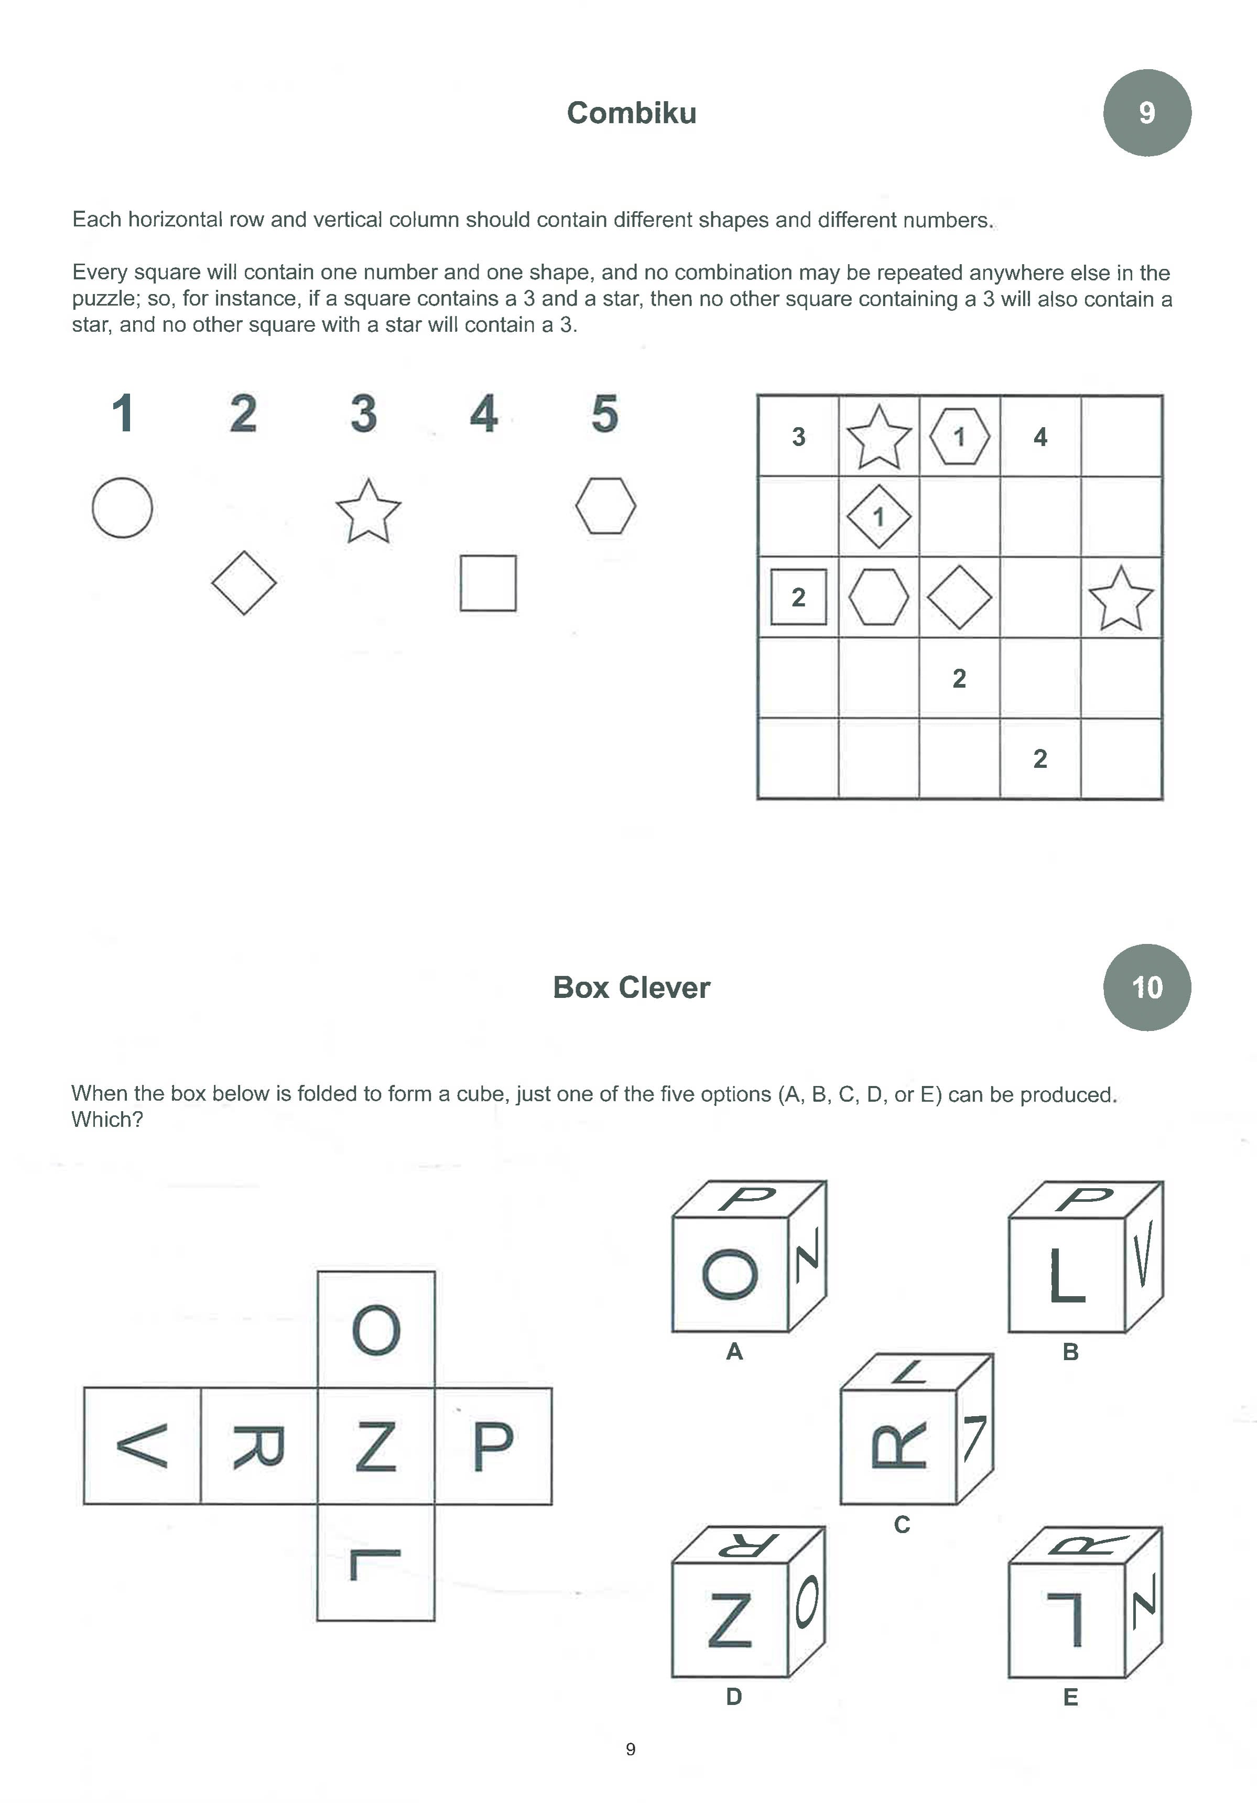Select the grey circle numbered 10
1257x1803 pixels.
(x=1146, y=987)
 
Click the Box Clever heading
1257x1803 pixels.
(x=631, y=987)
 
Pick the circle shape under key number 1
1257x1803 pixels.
(x=123, y=507)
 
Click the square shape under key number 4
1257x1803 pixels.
(x=487, y=583)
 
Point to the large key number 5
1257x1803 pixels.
(x=604, y=414)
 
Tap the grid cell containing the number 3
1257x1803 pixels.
(x=798, y=437)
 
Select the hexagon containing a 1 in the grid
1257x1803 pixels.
(x=959, y=437)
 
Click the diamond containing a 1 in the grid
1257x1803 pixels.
(x=879, y=517)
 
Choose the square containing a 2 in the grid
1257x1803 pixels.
(x=798, y=598)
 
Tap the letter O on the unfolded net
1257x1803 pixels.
(x=376, y=1330)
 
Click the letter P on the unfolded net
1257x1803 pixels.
(x=493, y=1446)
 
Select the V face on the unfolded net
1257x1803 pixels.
(x=142, y=1446)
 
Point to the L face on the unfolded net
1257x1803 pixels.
(x=376, y=1563)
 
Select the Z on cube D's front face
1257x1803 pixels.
(x=729, y=1620)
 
